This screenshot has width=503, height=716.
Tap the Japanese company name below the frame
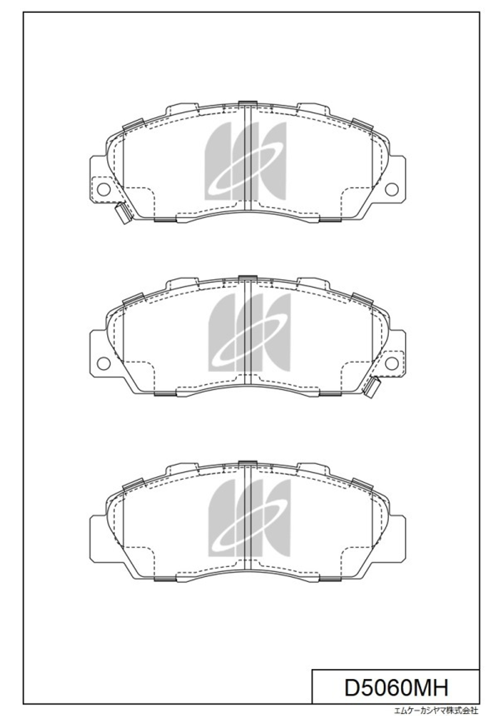(437, 711)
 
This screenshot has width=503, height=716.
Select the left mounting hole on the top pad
(104, 189)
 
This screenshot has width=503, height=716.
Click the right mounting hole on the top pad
(391, 189)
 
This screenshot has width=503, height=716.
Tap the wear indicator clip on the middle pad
(371, 387)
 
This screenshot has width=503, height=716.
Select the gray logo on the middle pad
(249, 333)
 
